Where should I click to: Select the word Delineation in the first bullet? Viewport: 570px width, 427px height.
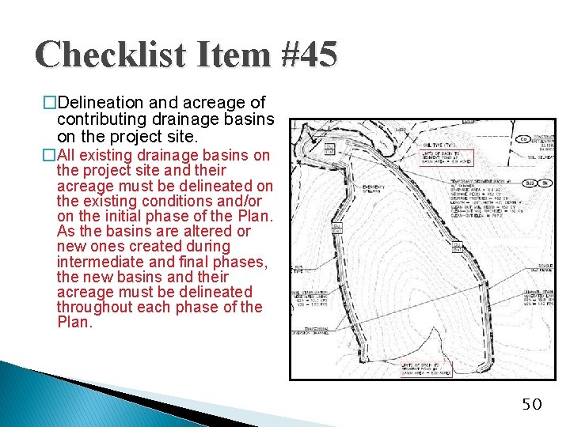pyautogui.click(x=96, y=103)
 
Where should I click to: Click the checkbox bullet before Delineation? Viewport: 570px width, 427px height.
pyautogui.click(x=50, y=104)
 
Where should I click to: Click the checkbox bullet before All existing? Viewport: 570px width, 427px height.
pyautogui.click(x=50, y=155)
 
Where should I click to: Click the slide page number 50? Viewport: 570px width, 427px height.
pyautogui.click(x=531, y=405)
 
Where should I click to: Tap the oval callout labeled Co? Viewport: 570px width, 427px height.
pyautogui.click(x=522, y=139)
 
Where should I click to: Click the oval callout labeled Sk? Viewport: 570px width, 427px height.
pyautogui.click(x=545, y=183)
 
